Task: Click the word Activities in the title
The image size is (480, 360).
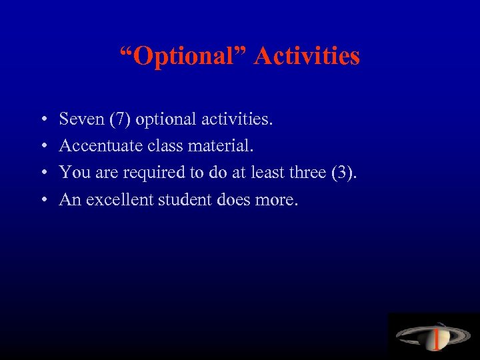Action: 307,56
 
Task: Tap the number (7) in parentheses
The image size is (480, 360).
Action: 120,119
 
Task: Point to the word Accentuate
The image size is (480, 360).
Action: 94,145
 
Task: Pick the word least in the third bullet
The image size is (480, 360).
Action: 270,172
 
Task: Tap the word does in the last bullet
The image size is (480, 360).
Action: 233,199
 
